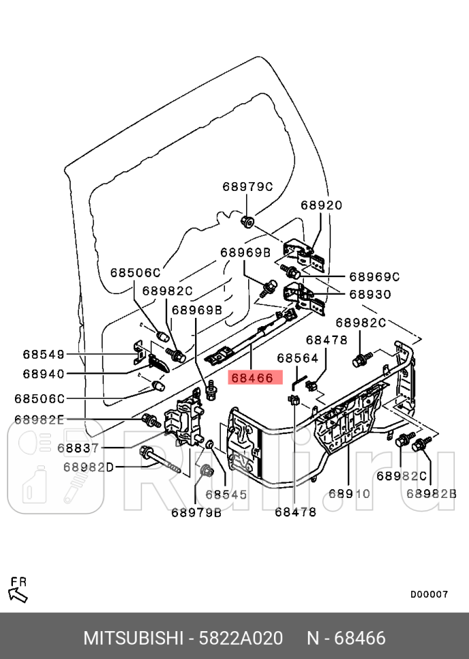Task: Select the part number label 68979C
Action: tap(247, 186)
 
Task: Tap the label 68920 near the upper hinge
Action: tap(322, 205)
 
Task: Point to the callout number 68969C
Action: tap(374, 277)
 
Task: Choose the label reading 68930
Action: tap(370, 294)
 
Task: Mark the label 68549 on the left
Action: tap(44, 354)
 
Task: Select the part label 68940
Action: tap(44, 374)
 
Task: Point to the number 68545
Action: tap(226, 495)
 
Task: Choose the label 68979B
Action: tap(196, 513)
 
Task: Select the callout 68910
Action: tap(349, 494)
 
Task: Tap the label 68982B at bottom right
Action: tap(431, 494)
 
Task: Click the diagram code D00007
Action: tap(429, 594)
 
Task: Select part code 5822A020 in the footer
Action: tap(240, 639)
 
